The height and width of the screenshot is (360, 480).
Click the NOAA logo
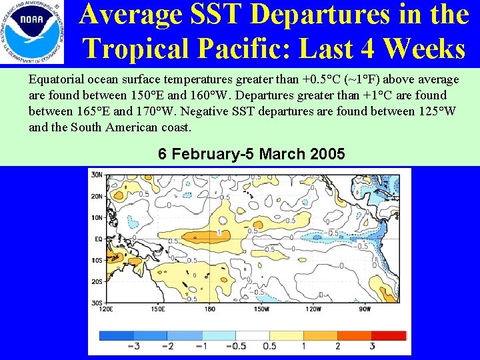point(33,33)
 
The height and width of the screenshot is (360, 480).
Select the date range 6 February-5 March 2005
point(251,154)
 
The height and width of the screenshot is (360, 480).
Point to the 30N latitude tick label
point(97,175)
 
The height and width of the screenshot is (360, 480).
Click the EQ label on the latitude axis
point(97,238)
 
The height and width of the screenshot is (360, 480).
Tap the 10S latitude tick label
point(97,260)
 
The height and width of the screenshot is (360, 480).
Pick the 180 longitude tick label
point(209,308)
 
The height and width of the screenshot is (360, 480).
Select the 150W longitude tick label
point(261,308)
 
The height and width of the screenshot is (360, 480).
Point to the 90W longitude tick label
point(364,308)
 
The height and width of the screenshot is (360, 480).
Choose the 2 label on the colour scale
point(337,347)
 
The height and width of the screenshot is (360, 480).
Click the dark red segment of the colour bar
point(389,335)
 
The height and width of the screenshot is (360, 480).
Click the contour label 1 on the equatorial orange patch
point(219,233)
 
